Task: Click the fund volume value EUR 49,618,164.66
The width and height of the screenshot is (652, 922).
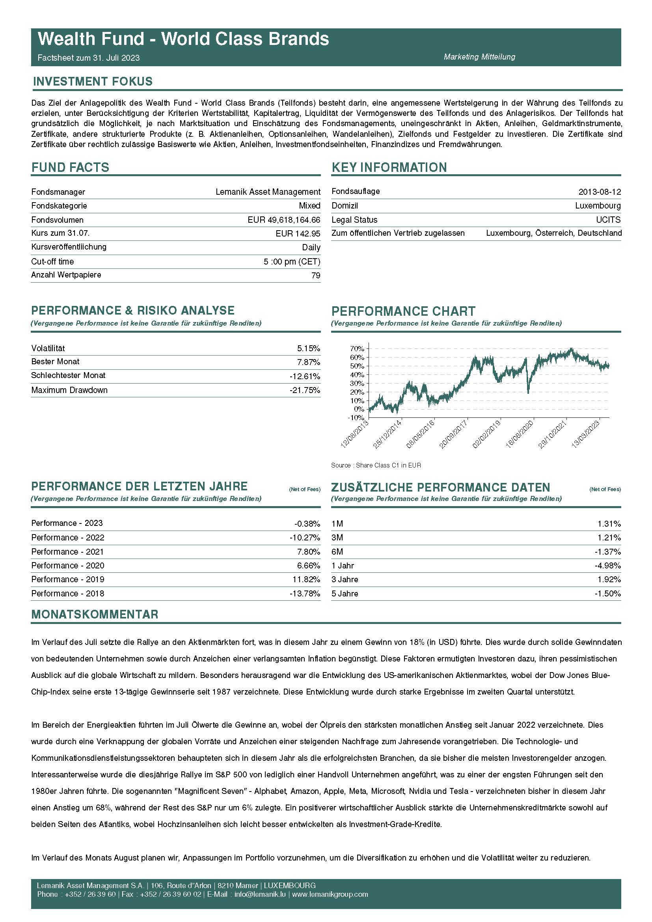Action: click(x=284, y=220)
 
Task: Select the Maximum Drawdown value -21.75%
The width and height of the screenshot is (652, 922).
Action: click(x=305, y=390)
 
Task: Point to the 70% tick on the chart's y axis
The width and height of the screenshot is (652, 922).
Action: click(x=357, y=348)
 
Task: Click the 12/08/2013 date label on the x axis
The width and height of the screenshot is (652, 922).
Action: click(x=354, y=434)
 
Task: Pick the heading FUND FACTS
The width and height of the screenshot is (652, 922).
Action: click(x=70, y=168)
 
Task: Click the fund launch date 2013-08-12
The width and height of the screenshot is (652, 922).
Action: click(x=600, y=192)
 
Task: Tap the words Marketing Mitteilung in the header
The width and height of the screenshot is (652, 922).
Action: click(x=479, y=57)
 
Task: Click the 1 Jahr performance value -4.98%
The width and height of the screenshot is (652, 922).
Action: click(x=607, y=565)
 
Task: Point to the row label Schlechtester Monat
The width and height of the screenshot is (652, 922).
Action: click(x=68, y=376)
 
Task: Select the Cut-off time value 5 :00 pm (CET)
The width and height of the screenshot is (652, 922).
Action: click(x=292, y=262)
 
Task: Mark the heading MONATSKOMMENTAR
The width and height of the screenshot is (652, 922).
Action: click(x=95, y=615)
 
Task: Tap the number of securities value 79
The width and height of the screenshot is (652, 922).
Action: click(x=316, y=276)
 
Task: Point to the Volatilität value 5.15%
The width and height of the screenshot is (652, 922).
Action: click(x=308, y=348)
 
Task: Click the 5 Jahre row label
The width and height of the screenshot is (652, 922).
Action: click(x=345, y=594)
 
